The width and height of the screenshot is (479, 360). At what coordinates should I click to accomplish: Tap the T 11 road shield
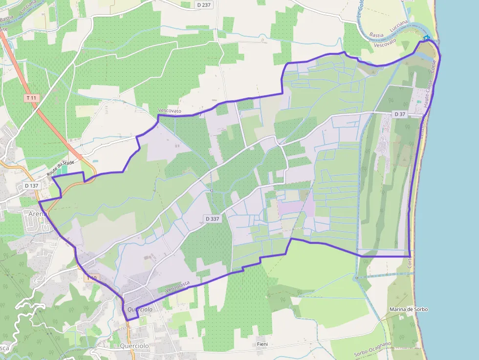pyautogui.click(x=31, y=98)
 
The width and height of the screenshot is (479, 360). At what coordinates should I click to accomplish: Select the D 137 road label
pyautogui.click(x=31, y=186)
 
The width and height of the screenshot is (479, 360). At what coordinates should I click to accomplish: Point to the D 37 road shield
pyautogui.click(x=400, y=114)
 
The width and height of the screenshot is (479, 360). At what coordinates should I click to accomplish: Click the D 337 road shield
pyautogui.click(x=212, y=219)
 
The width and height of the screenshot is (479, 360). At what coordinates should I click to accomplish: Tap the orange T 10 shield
pyautogui.click(x=92, y=278)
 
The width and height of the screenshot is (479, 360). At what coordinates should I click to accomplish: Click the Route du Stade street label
pyautogui.click(x=61, y=169)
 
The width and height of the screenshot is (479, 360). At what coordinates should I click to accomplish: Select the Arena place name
pyautogui.click(x=38, y=213)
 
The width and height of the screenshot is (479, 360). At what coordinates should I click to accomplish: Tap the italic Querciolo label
pyautogui.click(x=140, y=309)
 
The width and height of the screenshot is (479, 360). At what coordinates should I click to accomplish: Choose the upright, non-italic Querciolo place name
pyautogui.click(x=134, y=346)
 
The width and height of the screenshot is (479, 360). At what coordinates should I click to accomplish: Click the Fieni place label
pyautogui.click(x=262, y=344)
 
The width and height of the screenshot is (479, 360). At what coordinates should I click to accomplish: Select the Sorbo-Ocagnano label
pyautogui.click(x=372, y=349)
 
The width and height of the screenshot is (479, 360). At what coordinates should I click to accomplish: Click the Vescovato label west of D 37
pyautogui.click(x=170, y=111)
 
